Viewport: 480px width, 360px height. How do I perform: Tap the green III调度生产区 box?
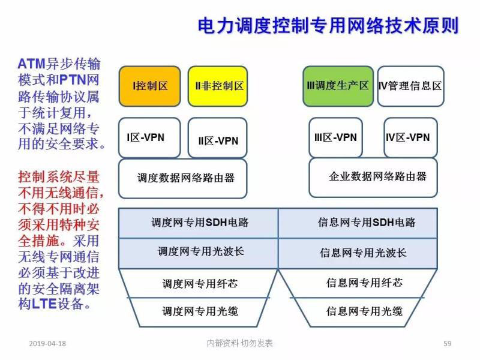click(x=337, y=86)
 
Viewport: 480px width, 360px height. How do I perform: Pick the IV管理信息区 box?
click(x=410, y=86)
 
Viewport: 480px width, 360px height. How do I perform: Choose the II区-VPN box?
click(x=218, y=140)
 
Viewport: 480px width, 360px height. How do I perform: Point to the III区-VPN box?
click(x=337, y=137)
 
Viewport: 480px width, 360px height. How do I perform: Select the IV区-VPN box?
click(x=410, y=137)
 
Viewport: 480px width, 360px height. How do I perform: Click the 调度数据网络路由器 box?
click(x=183, y=178)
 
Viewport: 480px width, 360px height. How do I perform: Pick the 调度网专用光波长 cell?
click(x=199, y=252)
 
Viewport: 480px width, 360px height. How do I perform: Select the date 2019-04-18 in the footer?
click(x=47, y=343)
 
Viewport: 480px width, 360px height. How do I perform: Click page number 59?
click(x=447, y=343)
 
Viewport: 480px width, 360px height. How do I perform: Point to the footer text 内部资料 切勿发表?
click(x=239, y=343)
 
